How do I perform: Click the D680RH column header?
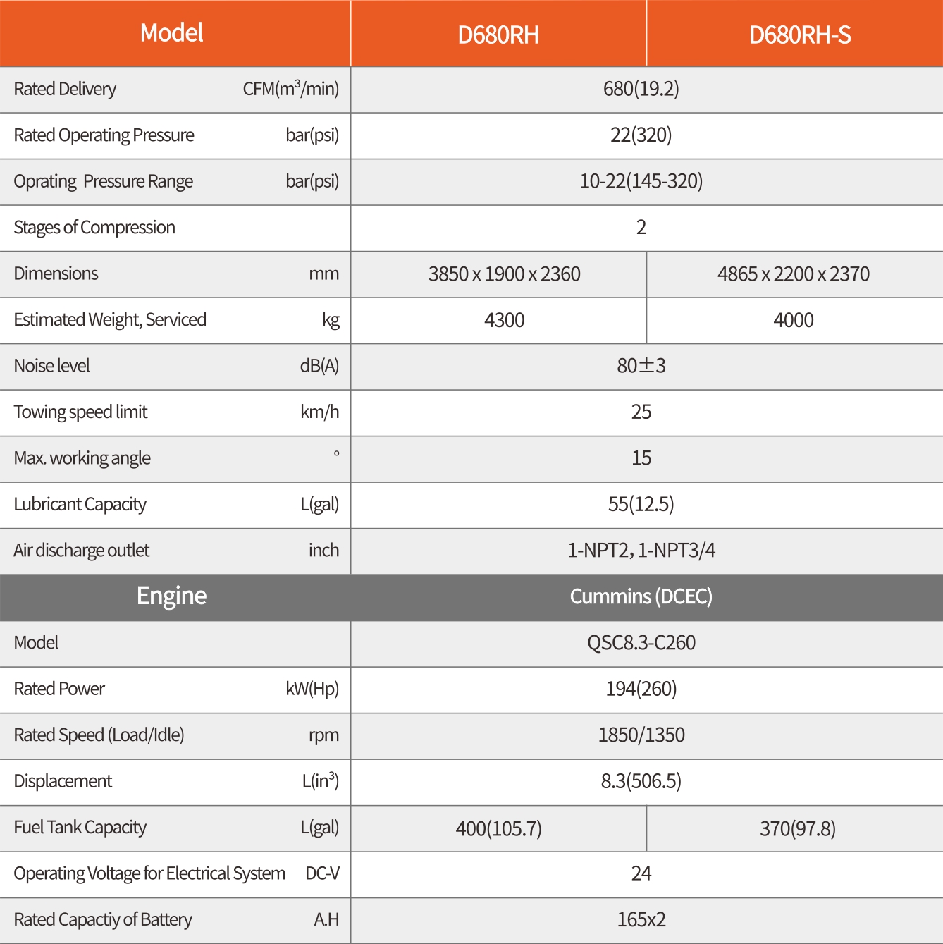click(498, 35)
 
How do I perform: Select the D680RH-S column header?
click(800, 35)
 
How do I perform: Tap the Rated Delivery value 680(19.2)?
click(641, 89)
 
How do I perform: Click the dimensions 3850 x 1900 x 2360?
click(504, 274)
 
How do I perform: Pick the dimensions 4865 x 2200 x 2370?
click(793, 274)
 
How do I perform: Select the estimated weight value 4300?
click(504, 320)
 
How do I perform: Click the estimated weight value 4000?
click(793, 320)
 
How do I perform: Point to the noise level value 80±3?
click(641, 366)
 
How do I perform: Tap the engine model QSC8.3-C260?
click(641, 643)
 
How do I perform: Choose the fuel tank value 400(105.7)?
click(498, 828)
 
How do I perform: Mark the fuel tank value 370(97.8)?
click(797, 828)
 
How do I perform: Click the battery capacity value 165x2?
click(641, 920)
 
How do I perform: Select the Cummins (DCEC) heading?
click(641, 596)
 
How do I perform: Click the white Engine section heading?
click(171, 596)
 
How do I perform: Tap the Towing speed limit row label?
click(80, 412)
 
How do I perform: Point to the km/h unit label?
click(319, 412)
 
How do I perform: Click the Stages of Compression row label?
click(94, 228)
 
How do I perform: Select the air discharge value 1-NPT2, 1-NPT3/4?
click(641, 551)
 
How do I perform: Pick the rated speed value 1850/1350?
click(641, 735)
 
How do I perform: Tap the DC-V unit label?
click(322, 873)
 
